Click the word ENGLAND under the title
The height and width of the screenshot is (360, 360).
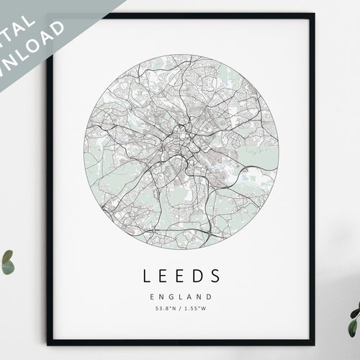click(181, 296)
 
